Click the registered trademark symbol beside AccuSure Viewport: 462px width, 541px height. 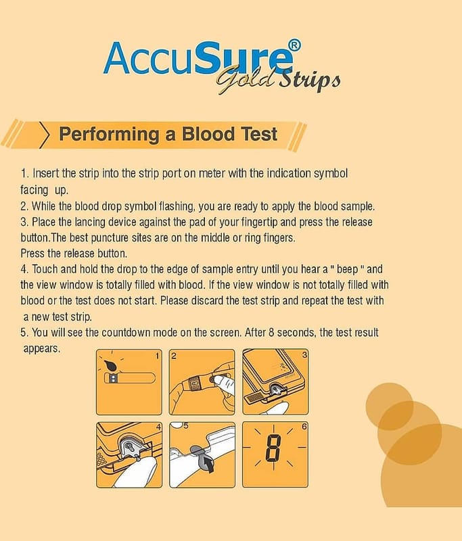[294, 45]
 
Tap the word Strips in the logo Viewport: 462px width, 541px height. [310, 80]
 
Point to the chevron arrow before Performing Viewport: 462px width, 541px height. [44, 135]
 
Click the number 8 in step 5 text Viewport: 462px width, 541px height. [271, 333]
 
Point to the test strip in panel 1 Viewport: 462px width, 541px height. [130, 378]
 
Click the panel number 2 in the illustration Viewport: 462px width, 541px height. [174, 356]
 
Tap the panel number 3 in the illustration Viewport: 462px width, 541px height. [304, 354]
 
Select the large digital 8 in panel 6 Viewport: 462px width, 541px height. [273, 448]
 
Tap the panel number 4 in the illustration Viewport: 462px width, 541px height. [158, 427]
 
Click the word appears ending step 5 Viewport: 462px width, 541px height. [41, 349]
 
